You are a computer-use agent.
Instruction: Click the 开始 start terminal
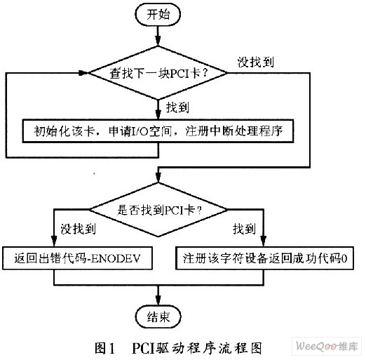(158, 15)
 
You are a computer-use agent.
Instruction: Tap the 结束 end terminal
(158, 317)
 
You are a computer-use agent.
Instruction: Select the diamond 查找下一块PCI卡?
(158, 73)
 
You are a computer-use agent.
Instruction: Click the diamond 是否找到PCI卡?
(158, 210)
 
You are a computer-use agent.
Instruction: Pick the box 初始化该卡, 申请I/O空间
(158, 131)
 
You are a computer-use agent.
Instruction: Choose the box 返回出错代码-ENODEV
(77, 258)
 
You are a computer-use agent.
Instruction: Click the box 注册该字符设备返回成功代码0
(264, 258)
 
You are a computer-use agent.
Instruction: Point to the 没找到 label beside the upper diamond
(255, 62)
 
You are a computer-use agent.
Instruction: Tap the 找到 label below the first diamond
(177, 107)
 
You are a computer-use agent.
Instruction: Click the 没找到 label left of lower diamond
(79, 229)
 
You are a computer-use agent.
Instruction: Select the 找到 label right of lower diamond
(244, 229)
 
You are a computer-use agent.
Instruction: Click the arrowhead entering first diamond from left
(83, 73)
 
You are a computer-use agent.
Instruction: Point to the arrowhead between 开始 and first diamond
(158, 41)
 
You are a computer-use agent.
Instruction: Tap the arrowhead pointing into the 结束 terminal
(158, 300)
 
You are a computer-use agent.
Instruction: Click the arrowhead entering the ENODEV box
(54, 241)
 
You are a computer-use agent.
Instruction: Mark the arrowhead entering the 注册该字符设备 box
(264, 241)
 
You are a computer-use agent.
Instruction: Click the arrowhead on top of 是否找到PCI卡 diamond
(158, 178)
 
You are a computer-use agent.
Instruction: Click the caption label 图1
(104, 348)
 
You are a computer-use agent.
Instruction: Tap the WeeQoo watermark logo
(327, 346)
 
